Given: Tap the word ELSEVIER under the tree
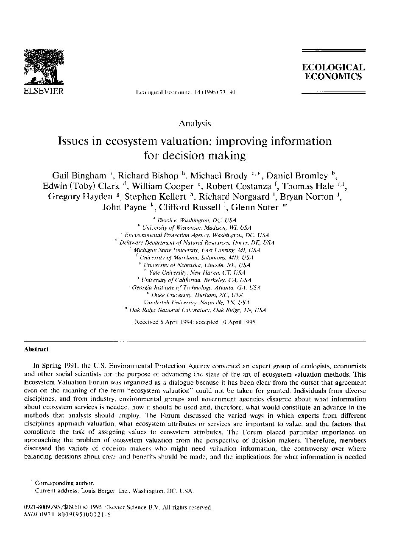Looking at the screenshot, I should click(43, 91).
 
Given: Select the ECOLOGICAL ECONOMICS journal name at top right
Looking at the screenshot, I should click(333, 72).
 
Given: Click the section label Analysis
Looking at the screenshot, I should click(195, 123).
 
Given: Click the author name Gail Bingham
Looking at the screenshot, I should click(79, 175).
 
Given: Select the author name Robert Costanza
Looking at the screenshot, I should click(238, 186).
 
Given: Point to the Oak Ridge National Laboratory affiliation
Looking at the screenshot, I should click(197, 310).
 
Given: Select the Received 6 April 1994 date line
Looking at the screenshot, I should click(195, 322).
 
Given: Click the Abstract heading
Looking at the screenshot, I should click(36, 350).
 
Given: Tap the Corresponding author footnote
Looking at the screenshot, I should click(64, 483).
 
